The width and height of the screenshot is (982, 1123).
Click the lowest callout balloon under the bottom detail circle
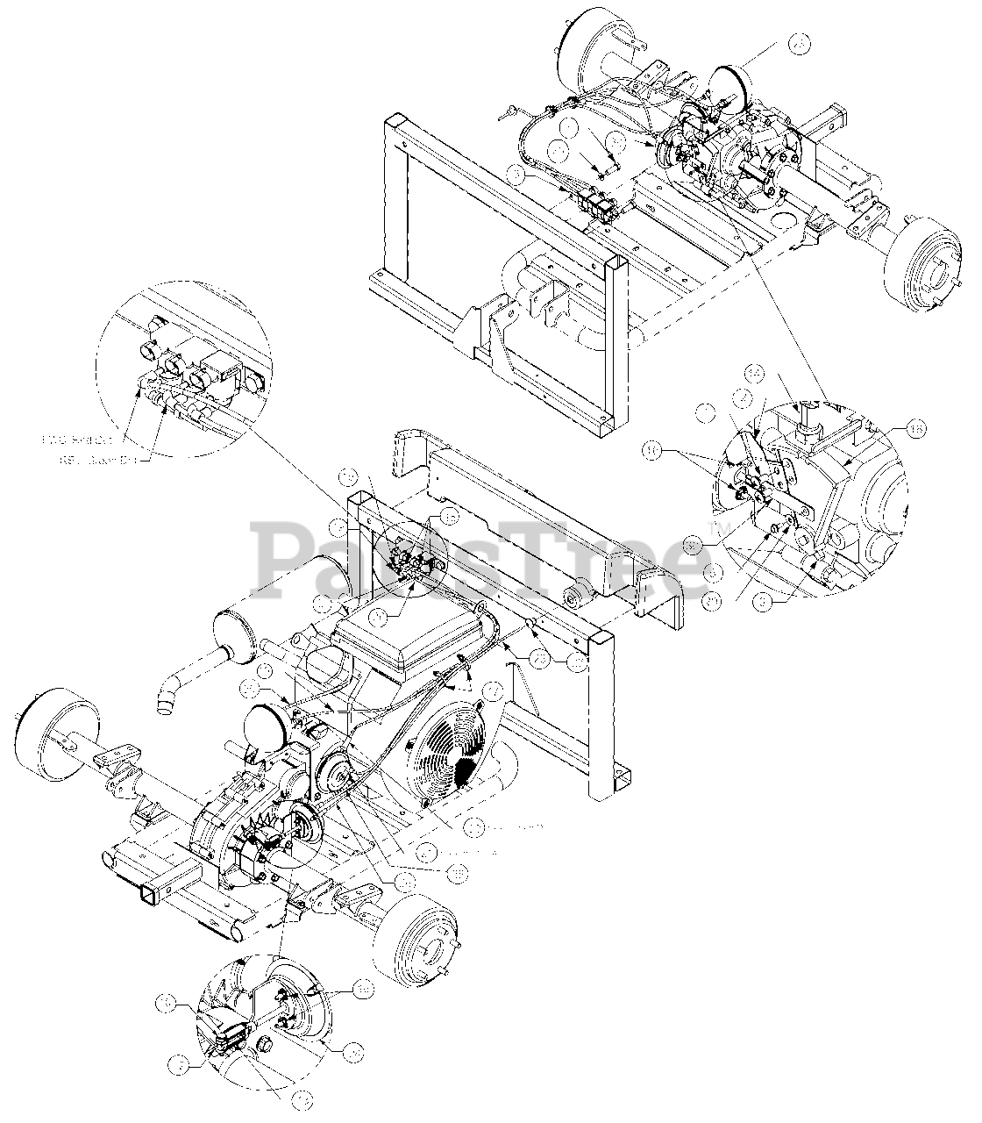pyautogui.click(x=302, y=1098)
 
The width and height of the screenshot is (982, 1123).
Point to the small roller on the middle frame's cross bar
pyautogui.click(x=573, y=596)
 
